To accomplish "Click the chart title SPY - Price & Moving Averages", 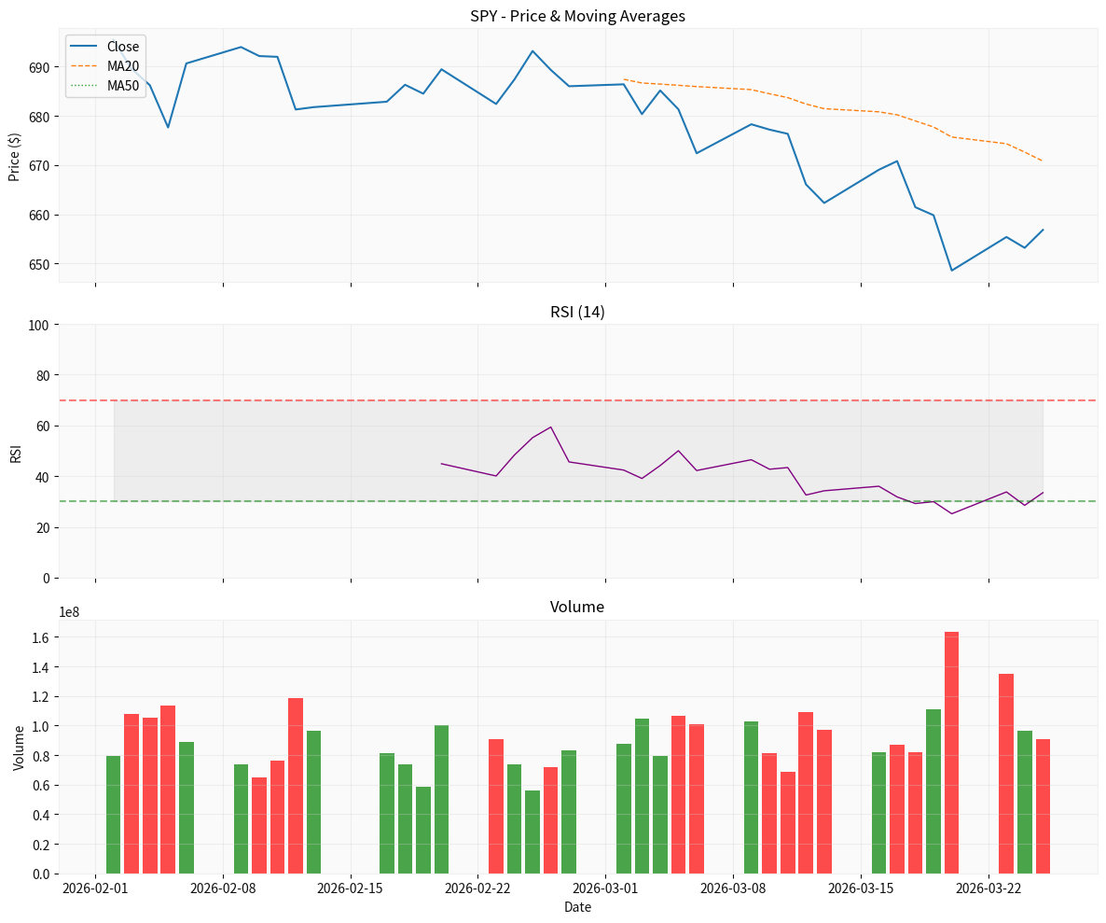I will coord(578,16).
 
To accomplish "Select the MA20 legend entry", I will coord(122,66).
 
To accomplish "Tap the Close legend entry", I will coord(122,47).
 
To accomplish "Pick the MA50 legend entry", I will coord(122,86).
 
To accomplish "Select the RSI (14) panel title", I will coord(577,312).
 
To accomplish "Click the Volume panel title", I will coord(577,607).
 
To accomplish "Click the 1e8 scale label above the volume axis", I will coord(70,612).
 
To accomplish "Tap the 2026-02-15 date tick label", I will coord(351,888).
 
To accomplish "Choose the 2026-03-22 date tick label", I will coord(988,888).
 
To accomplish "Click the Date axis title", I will coord(577,907).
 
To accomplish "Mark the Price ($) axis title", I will coord(14,157).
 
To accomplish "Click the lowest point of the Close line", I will coord(951,271).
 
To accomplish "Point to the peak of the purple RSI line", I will coord(551,427).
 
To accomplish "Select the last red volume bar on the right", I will coord(1043,806).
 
